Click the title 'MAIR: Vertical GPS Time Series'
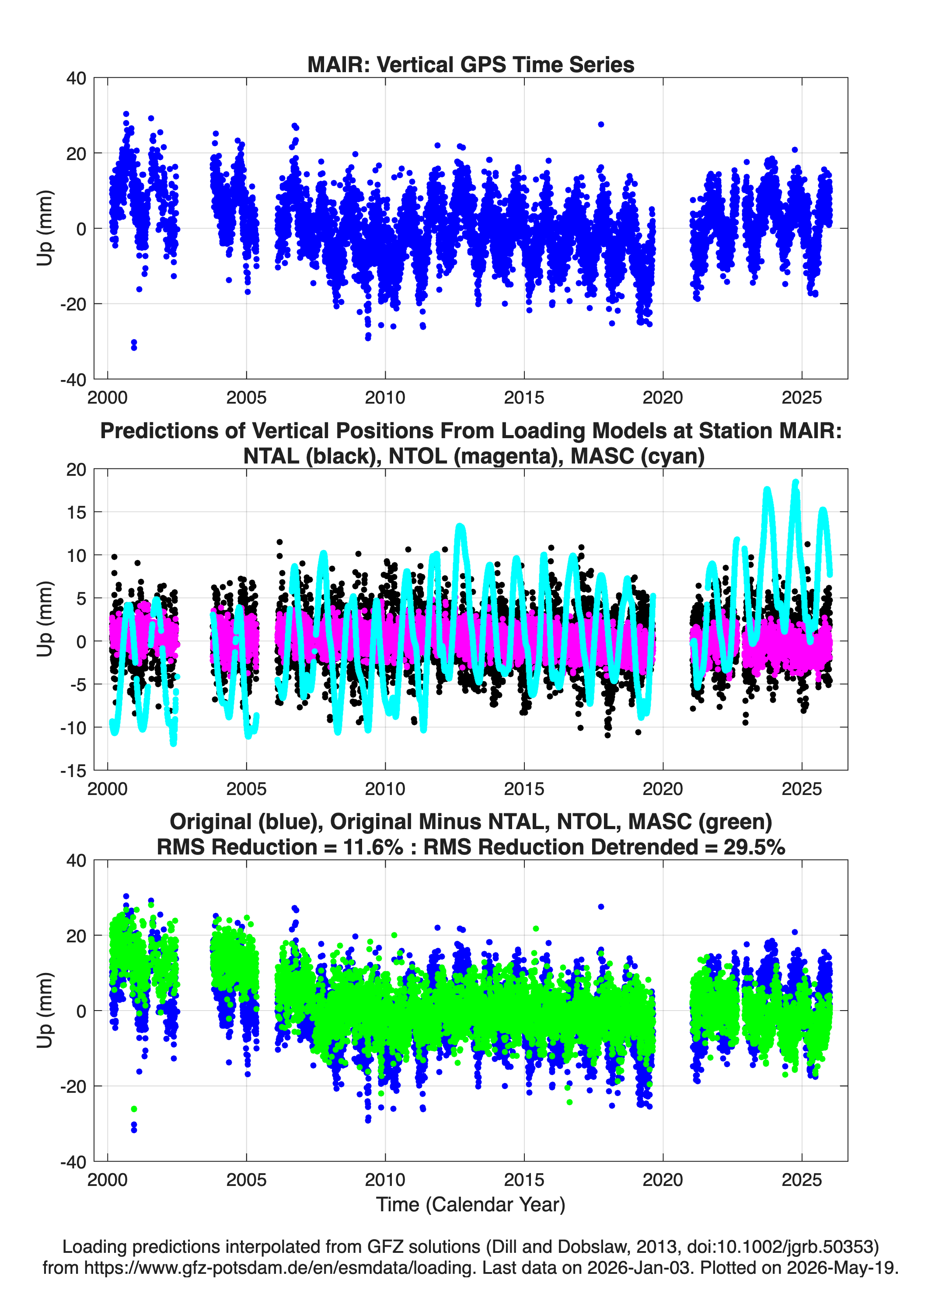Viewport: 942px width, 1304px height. point(471,64)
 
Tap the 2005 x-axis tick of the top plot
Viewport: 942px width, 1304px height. point(246,397)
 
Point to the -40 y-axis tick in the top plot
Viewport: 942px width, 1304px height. point(73,380)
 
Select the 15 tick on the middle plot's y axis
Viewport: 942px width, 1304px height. point(77,512)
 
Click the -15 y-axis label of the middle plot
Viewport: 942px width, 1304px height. point(73,771)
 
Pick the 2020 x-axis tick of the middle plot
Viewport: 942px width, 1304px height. point(663,788)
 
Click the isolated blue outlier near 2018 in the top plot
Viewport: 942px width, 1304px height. point(601,124)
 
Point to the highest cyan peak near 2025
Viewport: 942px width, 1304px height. point(796,483)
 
